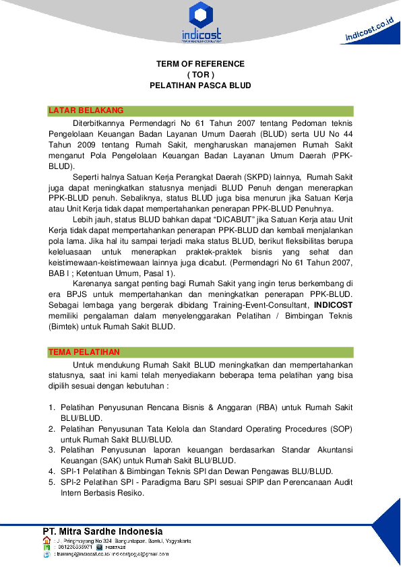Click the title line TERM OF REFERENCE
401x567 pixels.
click(200, 64)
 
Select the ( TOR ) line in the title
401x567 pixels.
click(200, 75)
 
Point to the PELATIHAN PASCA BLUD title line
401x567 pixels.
click(200, 86)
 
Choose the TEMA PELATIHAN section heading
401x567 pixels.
click(84, 352)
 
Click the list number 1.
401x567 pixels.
click(52, 407)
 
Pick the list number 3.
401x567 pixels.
click(52, 449)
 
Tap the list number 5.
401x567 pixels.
click(52, 481)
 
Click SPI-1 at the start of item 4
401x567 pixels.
click(71, 471)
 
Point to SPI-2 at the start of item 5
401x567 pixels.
click(71, 481)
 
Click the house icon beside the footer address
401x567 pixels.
click(47, 540)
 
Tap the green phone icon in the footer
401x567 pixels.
click(47, 547)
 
